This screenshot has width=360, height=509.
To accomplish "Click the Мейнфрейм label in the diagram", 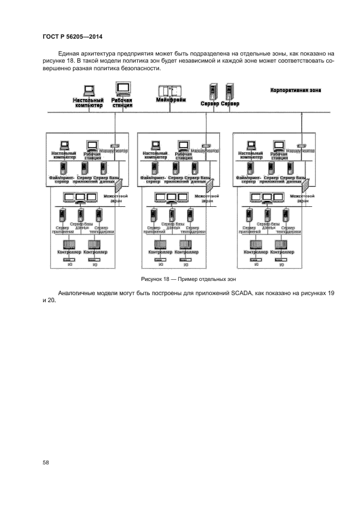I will [x=170, y=101].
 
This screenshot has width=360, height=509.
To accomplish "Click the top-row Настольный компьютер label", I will [x=88, y=103].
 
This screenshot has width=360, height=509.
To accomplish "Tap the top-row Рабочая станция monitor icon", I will [x=123, y=89].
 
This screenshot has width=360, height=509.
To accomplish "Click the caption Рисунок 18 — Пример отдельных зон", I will [x=188, y=279].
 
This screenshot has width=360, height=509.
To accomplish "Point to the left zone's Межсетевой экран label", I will [x=115, y=198].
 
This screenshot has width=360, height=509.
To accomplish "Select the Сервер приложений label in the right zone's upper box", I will [x=271, y=180].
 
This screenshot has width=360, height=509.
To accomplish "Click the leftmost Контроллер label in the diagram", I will [x=70, y=253].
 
